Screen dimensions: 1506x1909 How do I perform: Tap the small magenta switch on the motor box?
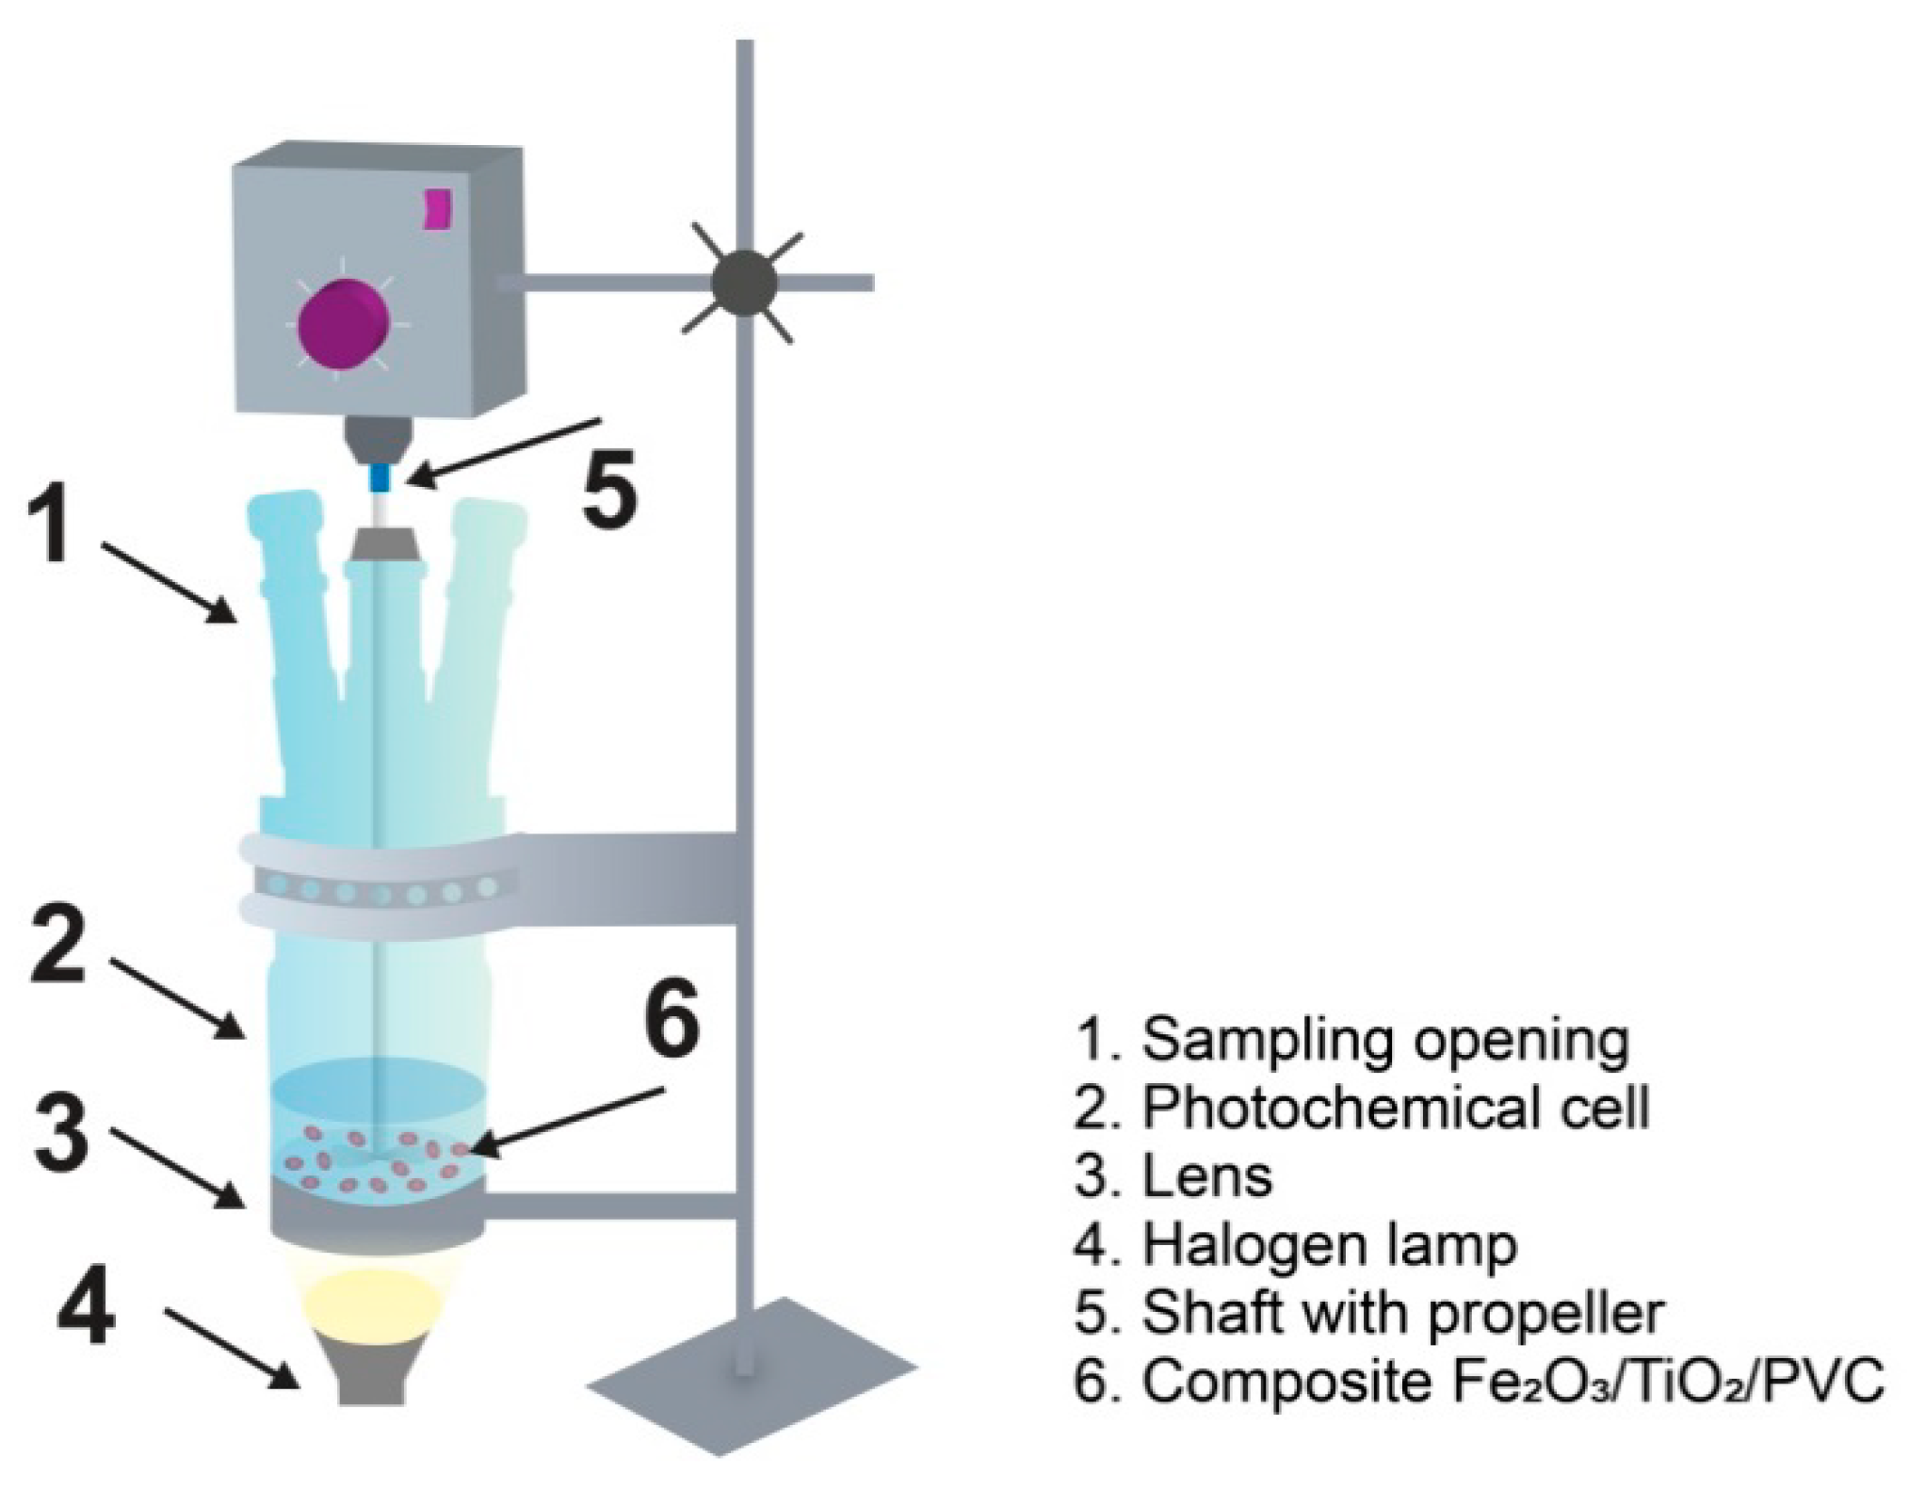tap(437, 209)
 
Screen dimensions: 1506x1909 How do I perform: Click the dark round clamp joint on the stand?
tap(744, 282)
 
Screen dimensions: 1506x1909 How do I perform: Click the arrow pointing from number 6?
tap(565, 1121)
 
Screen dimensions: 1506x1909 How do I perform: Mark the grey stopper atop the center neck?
tap(385, 544)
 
